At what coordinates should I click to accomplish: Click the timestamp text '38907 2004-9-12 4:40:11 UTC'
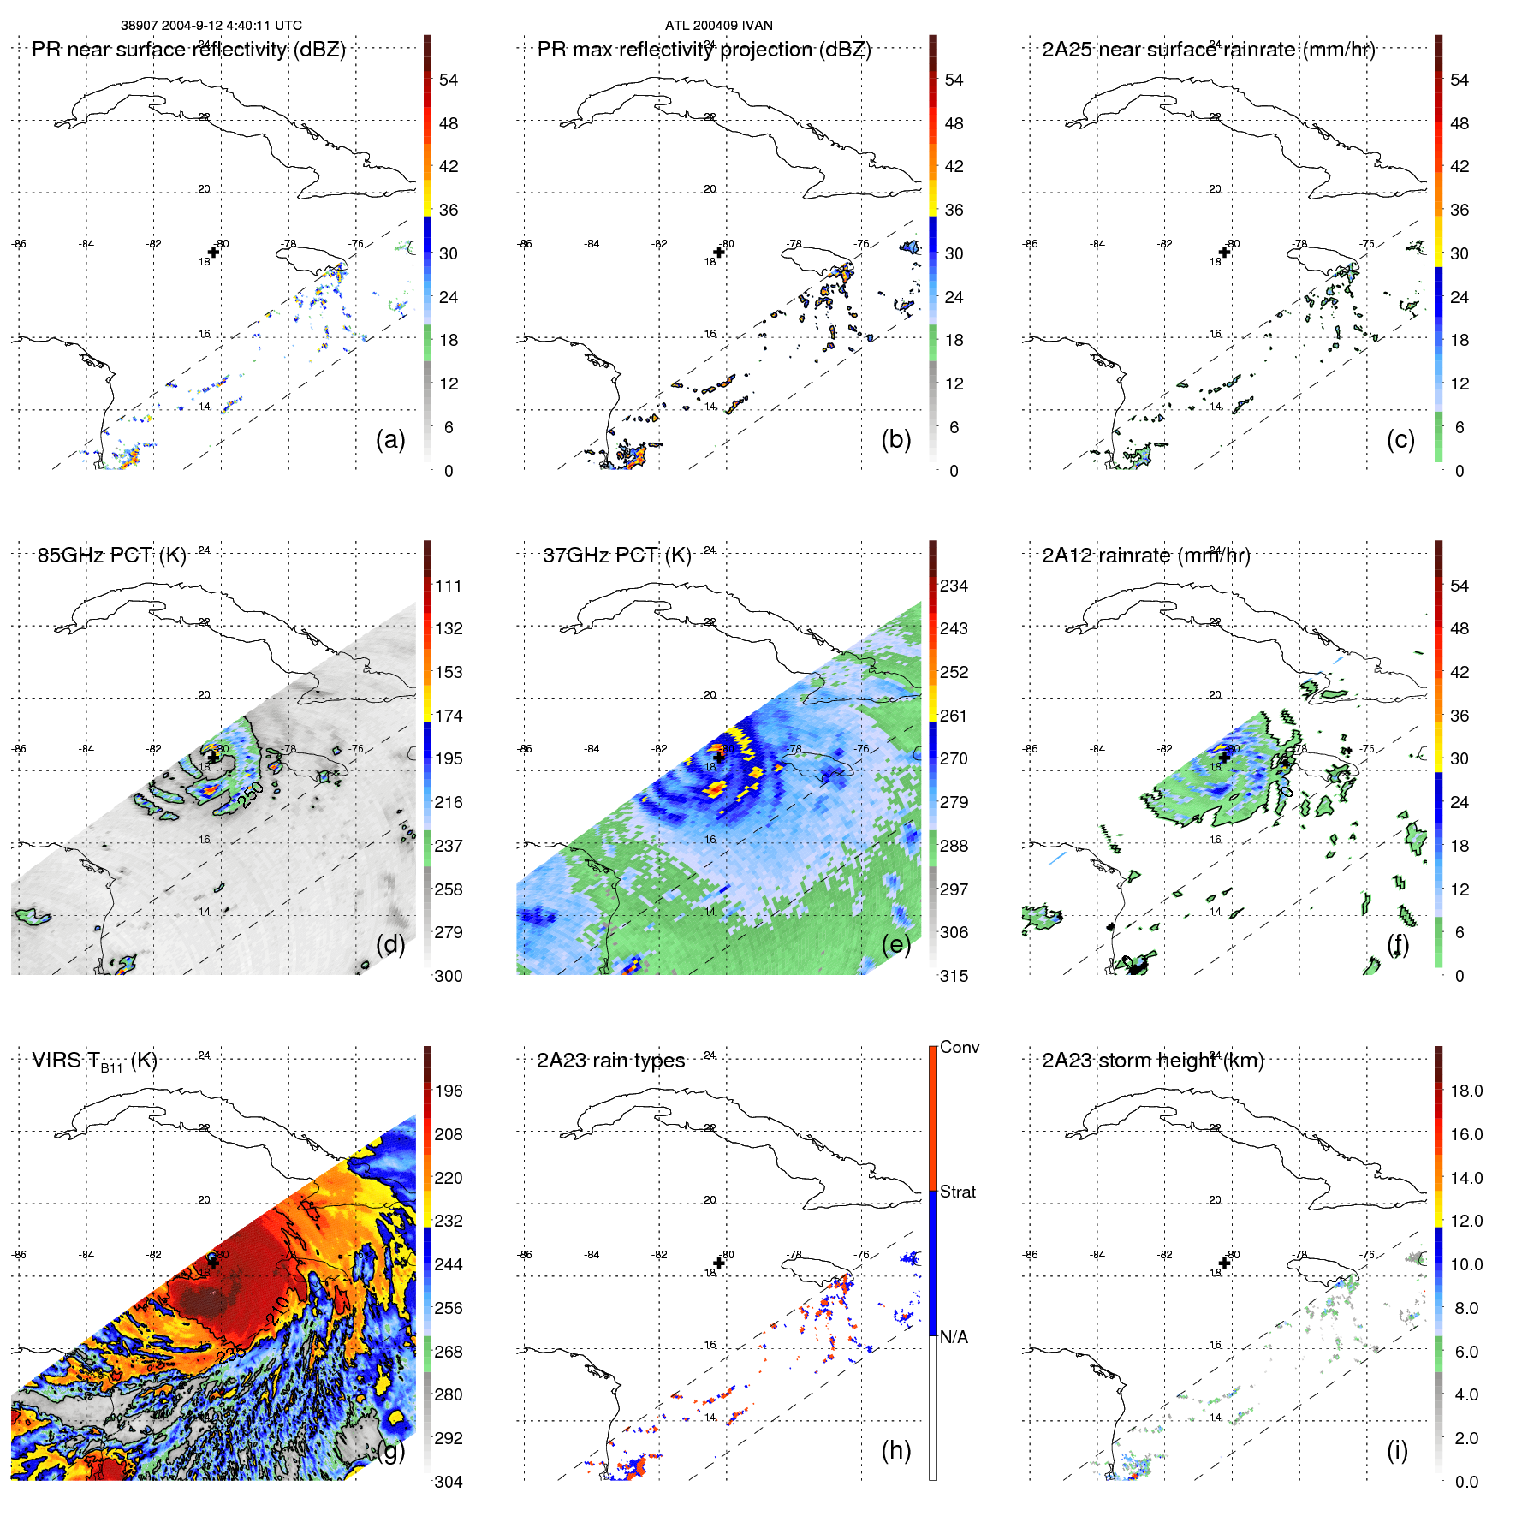pos(211,26)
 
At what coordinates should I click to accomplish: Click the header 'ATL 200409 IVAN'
pos(718,26)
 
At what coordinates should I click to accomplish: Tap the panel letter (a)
pos(390,439)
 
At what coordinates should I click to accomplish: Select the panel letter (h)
pos(895,1449)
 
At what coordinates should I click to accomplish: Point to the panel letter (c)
pos(1400,439)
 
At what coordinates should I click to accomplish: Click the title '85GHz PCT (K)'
pos(111,556)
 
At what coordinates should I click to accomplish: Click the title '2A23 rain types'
pos(610,1061)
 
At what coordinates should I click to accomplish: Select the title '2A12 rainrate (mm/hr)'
pos(1145,556)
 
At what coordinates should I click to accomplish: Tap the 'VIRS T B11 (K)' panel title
pos(94,1061)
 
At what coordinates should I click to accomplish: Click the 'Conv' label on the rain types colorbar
pos(959,1047)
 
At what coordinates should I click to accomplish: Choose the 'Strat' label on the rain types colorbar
pos(957,1192)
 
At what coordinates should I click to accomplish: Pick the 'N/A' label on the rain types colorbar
pos(954,1337)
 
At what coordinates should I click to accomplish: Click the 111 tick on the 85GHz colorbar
pos(448,586)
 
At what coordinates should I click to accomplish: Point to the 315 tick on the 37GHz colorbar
pos(954,976)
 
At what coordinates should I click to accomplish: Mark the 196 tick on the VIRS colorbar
pos(448,1091)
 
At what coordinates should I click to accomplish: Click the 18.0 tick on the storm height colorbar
pos(1465,1091)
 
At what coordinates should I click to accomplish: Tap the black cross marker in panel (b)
pos(719,252)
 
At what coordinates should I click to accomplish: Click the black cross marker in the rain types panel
pos(719,1263)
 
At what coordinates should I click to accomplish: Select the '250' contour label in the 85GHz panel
pos(251,795)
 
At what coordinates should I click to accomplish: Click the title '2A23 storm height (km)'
pos(1152,1061)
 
